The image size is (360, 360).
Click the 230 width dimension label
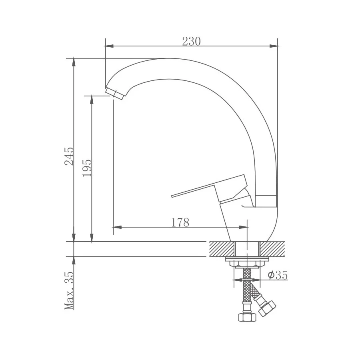pyautogui.click(x=191, y=41)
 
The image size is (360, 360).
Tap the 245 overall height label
pyautogui.click(x=69, y=156)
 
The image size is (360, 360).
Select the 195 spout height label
pyautogui.click(x=87, y=168)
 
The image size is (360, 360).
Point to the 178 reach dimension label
pyautogui.click(x=180, y=222)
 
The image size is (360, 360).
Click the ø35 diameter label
pyautogui.click(x=278, y=275)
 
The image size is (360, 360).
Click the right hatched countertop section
pyautogui.click(x=273, y=249)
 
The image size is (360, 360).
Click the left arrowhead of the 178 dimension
pyautogui.click(x=117, y=228)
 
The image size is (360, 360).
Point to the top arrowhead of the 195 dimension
pyautogui.click(x=92, y=99)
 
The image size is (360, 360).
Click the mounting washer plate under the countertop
pyautogui.click(x=248, y=260)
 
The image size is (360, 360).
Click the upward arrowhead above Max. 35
pyautogui.click(x=74, y=260)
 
